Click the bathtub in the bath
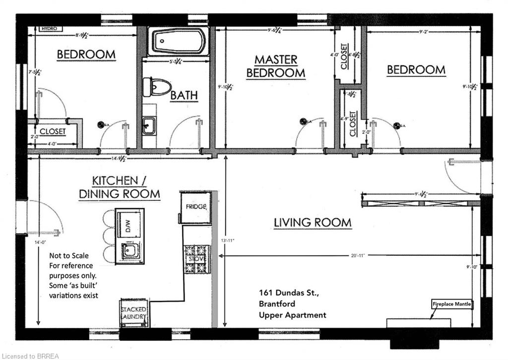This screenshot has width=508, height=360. tap(178, 41)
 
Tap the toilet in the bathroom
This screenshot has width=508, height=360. tap(157, 87)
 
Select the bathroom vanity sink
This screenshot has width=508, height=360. tap(149, 125)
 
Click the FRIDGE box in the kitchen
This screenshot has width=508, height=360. tap(195, 208)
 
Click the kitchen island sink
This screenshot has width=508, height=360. tap(130, 251)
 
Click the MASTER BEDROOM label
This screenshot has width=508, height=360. tap(276, 66)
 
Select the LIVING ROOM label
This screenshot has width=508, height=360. tap(313, 223)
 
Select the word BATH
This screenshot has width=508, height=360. tap(184, 95)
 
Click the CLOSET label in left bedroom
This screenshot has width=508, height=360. tap(53, 131)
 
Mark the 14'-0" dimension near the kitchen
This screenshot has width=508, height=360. tap(38, 243)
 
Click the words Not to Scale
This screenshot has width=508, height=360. tap(68, 256)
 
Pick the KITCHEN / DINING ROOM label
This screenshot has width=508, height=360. tap(119, 187)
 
